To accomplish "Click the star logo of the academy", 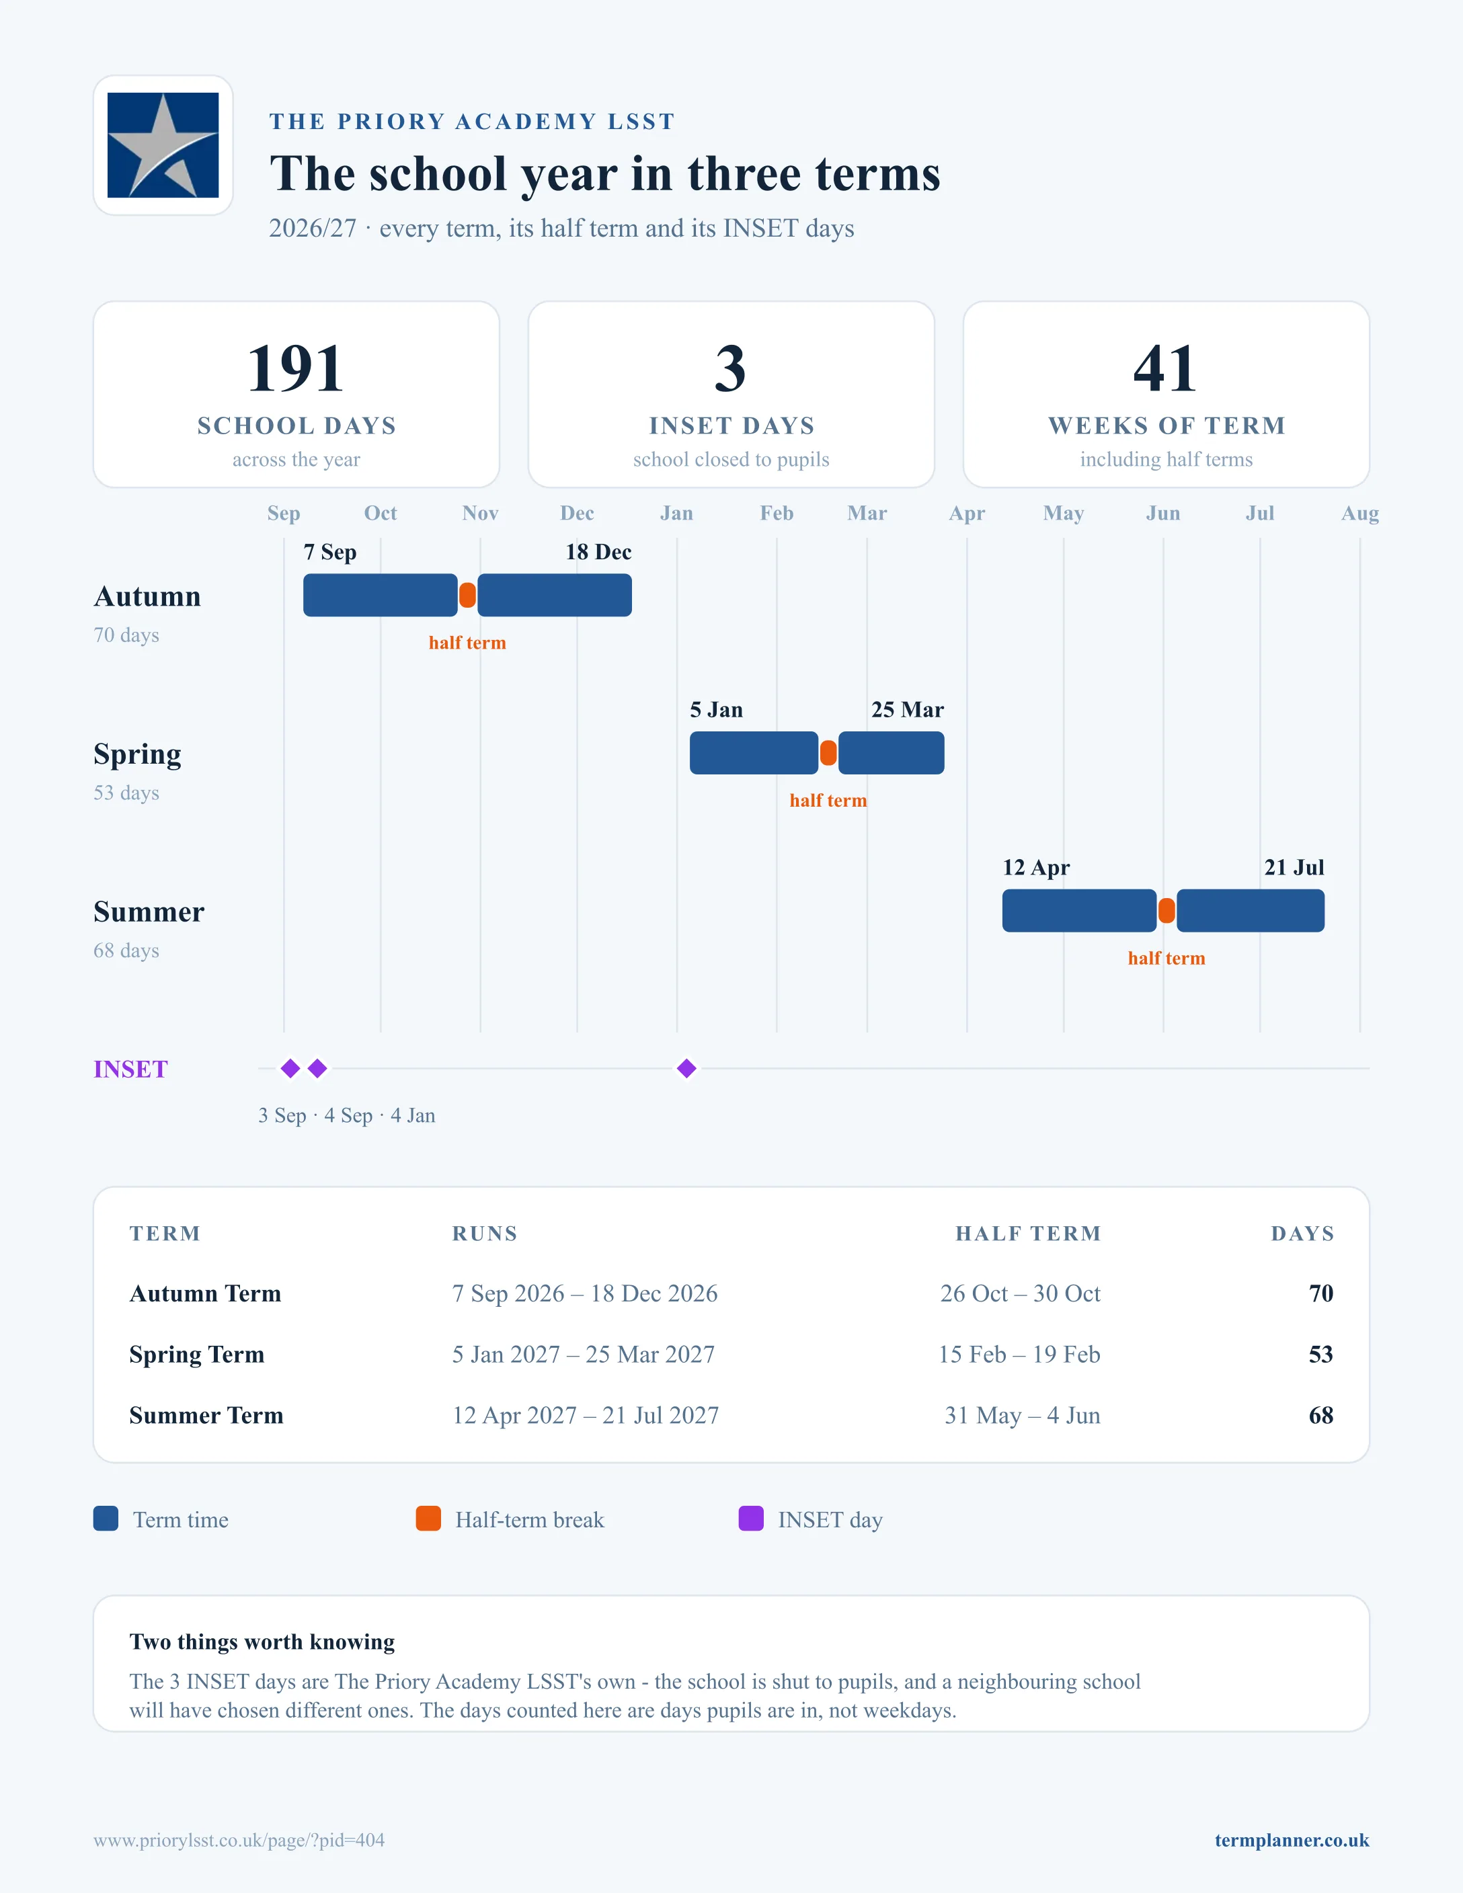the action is (x=163, y=145).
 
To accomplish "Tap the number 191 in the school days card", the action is (x=296, y=368).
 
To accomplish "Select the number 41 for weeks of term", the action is (x=1166, y=368).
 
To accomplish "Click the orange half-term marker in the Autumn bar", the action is (x=467, y=596).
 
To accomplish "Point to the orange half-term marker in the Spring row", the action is (x=828, y=753).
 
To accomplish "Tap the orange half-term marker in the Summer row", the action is (x=1167, y=911).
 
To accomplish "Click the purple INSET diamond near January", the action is (x=686, y=1069).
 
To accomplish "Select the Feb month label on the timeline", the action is (x=777, y=513).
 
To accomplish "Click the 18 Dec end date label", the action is (x=598, y=552).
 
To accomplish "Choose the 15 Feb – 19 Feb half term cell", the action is (x=1019, y=1354).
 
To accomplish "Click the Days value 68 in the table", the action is (x=1321, y=1416).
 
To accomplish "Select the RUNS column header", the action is (x=485, y=1234).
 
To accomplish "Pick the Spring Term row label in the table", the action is (x=197, y=1354).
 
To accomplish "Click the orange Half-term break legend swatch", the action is (x=428, y=1519).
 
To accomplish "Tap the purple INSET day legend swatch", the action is (x=750, y=1519).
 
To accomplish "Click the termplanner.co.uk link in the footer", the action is (x=1292, y=1840).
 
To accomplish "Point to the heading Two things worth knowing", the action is (x=262, y=1642).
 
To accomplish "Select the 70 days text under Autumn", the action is (x=126, y=635).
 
